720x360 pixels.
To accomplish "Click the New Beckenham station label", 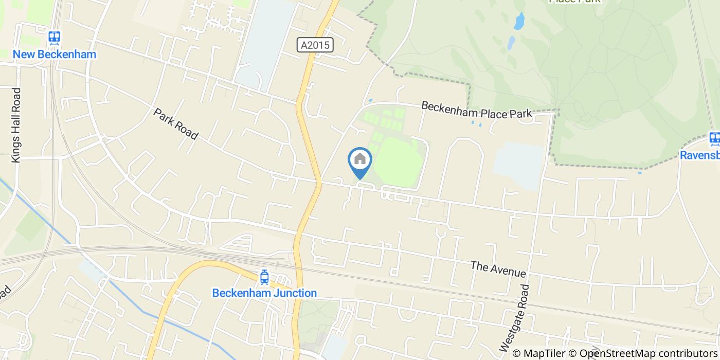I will tap(55, 54).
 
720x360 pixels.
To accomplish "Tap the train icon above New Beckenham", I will tap(55, 38).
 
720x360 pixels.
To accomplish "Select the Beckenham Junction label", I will tap(264, 293).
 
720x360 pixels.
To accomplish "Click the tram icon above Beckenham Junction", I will tap(264, 277).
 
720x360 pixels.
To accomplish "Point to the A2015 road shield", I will tap(316, 45).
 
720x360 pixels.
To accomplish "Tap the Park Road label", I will tap(175, 123).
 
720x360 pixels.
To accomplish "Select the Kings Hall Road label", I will tap(16, 125).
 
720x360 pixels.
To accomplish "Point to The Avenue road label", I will tap(498, 268).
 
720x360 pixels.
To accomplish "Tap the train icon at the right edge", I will tap(714, 138).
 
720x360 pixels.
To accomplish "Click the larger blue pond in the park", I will tap(519, 21).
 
